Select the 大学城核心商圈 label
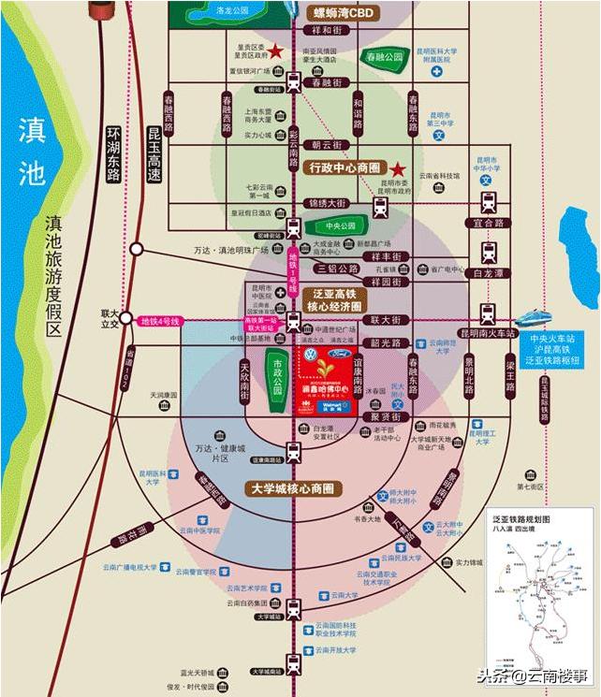pyautogui.click(x=294, y=488)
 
